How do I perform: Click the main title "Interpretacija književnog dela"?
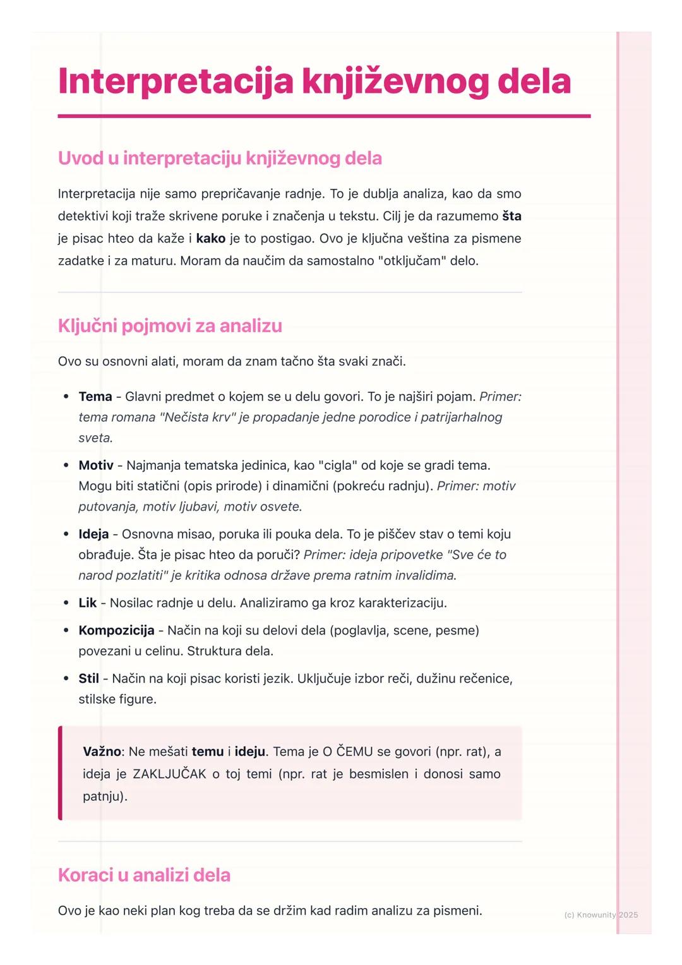click(314, 81)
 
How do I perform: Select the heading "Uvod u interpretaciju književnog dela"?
click(220, 158)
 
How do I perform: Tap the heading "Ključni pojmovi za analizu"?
click(170, 326)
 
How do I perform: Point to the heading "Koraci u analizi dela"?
click(144, 875)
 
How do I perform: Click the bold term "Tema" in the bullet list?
click(95, 397)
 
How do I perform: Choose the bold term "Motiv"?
click(96, 465)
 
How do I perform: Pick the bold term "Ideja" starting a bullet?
click(93, 534)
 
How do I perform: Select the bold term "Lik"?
click(87, 603)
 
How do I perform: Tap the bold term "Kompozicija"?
click(116, 630)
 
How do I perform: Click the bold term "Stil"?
click(88, 679)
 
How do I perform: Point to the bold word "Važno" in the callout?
click(102, 752)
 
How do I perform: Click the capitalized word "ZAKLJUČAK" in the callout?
click(169, 774)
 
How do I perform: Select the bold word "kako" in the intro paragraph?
click(211, 239)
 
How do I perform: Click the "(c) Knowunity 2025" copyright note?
click(601, 914)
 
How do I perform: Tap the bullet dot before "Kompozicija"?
click(66, 630)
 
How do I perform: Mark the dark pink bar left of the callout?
click(60, 773)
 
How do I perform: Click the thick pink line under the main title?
click(324, 116)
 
